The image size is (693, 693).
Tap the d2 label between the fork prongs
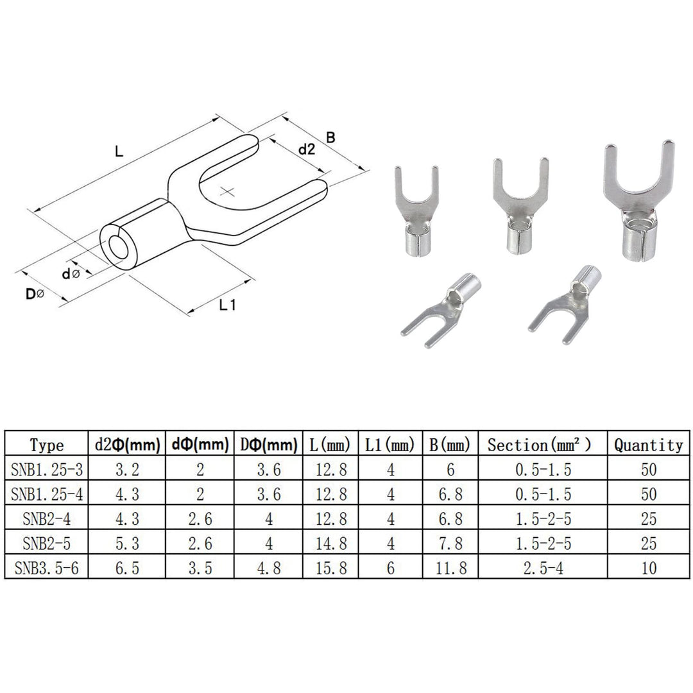[x=307, y=150]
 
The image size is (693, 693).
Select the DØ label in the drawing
[x=35, y=295]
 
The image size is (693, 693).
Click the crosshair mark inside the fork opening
[x=228, y=191]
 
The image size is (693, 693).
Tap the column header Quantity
[x=648, y=445]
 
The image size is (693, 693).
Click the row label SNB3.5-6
[x=47, y=568]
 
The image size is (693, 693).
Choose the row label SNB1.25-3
[x=47, y=470]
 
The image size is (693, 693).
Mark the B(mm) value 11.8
[x=449, y=568]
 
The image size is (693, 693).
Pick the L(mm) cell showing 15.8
[x=332, y=568]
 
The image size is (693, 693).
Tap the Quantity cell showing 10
[x=648, y=568]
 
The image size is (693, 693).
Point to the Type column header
[x=47, y=445]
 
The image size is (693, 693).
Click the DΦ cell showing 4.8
[x=268, y=568]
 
